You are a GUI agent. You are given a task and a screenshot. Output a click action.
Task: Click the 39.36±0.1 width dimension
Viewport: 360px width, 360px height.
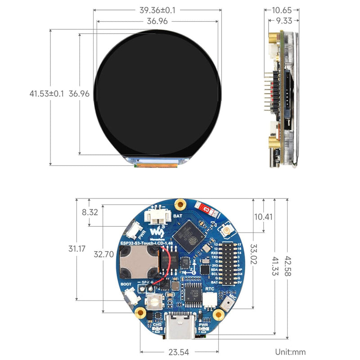click(157, 9)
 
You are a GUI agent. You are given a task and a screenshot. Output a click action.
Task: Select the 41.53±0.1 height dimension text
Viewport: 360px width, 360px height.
click(46, 94)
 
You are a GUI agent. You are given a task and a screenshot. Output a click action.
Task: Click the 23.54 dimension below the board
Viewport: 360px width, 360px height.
click(179, 352)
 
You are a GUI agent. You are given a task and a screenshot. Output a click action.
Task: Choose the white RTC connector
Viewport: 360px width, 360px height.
click(209, 300)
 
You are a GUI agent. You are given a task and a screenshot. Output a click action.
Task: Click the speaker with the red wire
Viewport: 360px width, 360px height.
click(139, 262)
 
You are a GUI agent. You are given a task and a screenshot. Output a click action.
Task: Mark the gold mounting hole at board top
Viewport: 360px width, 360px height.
click(180, 204)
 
